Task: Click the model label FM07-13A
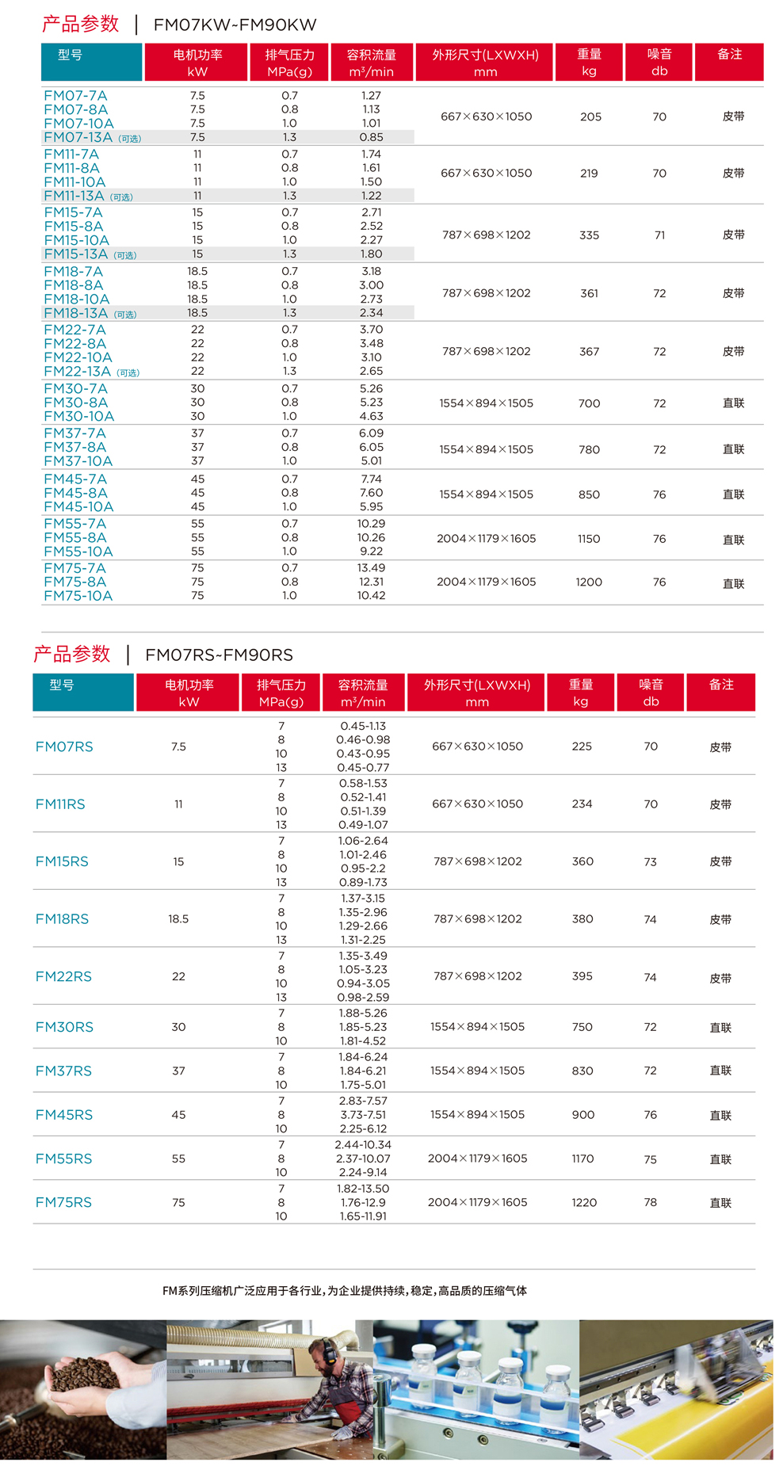(x=78, y=137)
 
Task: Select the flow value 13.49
(x=371, y=568)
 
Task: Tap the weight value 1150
(x=589, y=539)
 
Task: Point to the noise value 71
(x=659, y=235)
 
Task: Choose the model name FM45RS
(x=64, y=1115)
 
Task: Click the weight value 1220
(x=584, y=1202)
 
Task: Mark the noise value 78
(x=651, y=1202)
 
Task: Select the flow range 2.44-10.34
(x=363, y=1145)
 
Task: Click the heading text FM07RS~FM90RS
(x=219, y=655)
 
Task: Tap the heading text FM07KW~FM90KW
(x=235, y=25)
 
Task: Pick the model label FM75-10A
(x=78, y=596)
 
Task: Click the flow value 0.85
(x=371, y=137)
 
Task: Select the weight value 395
(x=582, y=976)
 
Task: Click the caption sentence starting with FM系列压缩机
(x=345, y=1291)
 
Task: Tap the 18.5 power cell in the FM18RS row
(x=178, y=919)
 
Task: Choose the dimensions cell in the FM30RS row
(x=477, y=1027)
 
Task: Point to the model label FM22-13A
(x=78, y=372)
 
